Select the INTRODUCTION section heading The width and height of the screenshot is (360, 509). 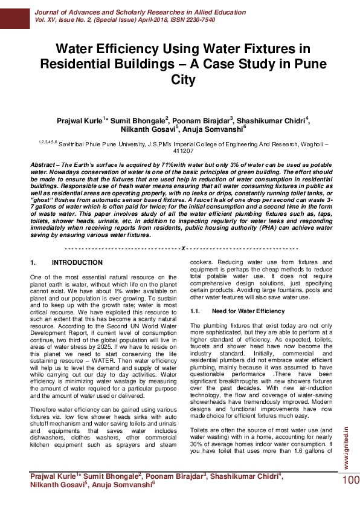(x=77, y=263)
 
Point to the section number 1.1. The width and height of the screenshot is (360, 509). (x=194, y=311)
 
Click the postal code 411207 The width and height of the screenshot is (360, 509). (x=181, y=151)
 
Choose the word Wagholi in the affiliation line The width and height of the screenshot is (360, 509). (x=313, y=145)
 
